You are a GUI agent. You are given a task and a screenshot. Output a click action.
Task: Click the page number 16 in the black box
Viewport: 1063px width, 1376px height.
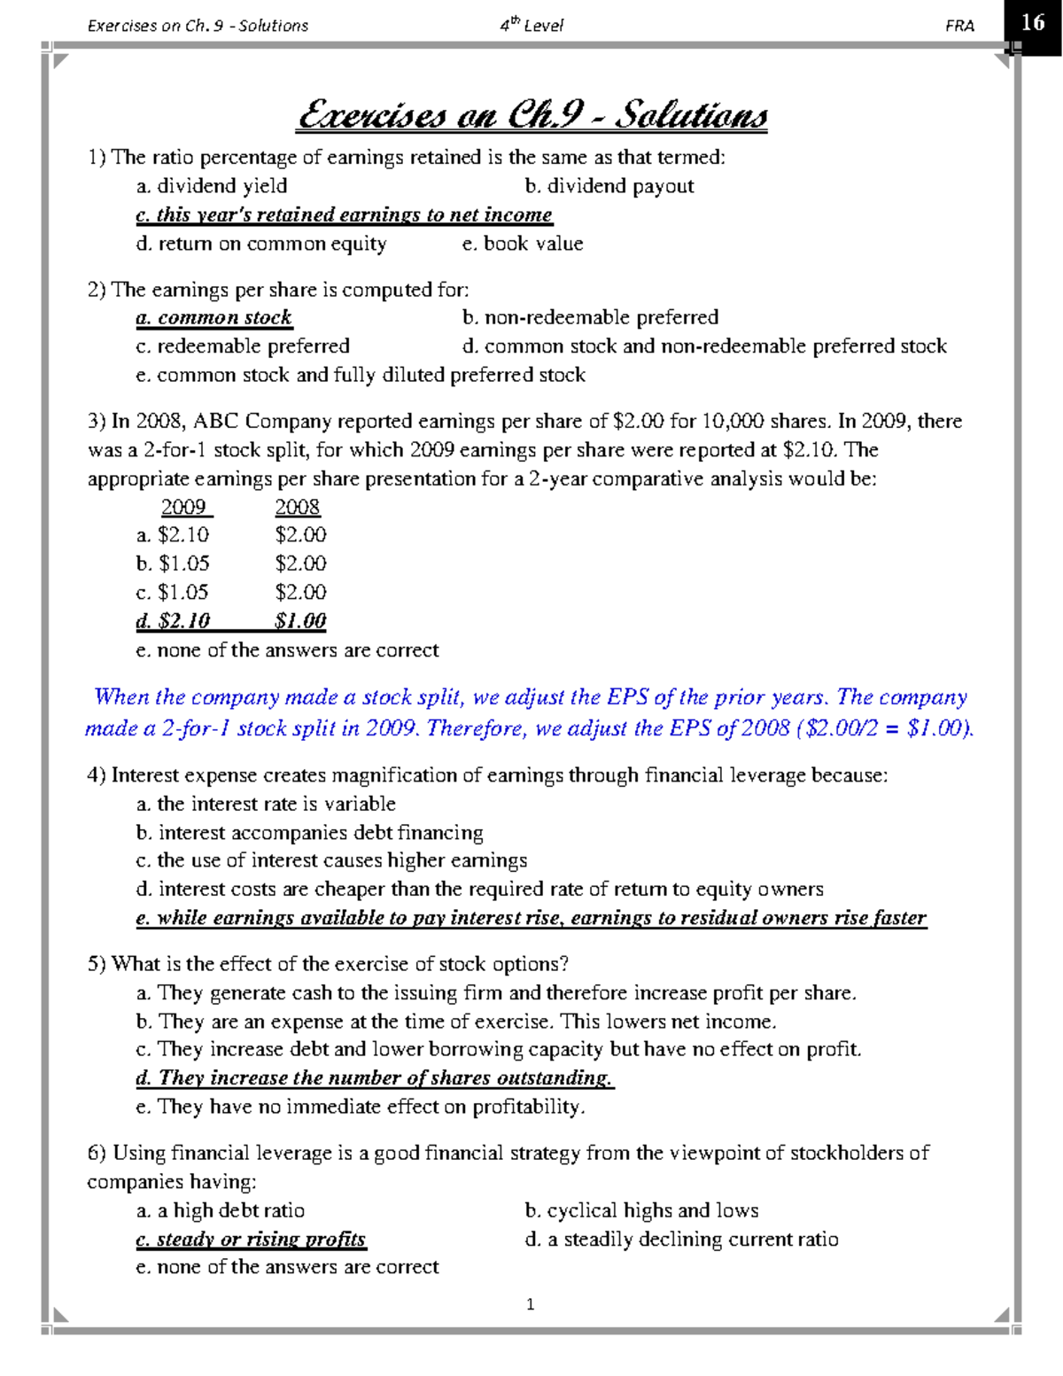click(x=1033, y=22)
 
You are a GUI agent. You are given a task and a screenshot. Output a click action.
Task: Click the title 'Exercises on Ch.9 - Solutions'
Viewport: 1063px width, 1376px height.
click(x=532, y=116)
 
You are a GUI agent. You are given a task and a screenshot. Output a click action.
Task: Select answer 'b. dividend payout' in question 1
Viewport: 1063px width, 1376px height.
click(x=609, y=186)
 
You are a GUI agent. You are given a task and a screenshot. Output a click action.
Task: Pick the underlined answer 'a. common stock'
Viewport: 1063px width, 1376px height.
click(x=213, y=317)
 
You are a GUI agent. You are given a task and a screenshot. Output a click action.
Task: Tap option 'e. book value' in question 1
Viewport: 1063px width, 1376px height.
click(x=523, y=244)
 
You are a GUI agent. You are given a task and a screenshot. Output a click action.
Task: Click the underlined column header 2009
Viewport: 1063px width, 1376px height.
click(x=185, y=507)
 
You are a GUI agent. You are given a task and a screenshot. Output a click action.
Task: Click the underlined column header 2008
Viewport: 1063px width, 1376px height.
click(x=298, y=507)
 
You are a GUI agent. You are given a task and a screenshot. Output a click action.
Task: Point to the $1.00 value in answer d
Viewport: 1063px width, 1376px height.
click(x=300, y=621)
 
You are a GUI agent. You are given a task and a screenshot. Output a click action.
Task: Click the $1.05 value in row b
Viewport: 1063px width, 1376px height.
click(x=183, y=564)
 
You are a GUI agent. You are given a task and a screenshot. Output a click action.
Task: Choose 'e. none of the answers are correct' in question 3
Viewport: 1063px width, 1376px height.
click(x=287, y=650)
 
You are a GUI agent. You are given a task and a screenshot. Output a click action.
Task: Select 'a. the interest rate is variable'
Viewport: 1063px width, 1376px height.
click(x=266, y=804)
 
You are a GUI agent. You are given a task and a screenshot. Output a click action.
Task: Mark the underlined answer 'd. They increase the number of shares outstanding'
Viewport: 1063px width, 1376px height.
click(x=375, y=1078)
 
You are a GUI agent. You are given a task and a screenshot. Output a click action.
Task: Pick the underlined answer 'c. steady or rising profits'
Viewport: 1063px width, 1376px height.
click(x=251, y=1240)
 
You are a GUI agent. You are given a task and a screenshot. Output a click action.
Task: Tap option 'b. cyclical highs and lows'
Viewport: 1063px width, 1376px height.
click(x=641, y=1210)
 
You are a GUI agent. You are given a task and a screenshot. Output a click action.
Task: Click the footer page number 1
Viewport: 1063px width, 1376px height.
click(x=530, y=1304)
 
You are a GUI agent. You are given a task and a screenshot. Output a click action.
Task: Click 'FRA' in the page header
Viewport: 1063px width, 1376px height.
click(x=959, y=26)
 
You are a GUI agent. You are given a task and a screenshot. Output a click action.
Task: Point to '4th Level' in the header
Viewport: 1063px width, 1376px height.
click(x=531, y=26)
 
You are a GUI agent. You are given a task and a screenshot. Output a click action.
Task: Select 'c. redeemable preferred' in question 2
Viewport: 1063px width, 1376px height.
click(x=243, y=346)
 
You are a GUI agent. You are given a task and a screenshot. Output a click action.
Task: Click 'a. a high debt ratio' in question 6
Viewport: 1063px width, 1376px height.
click(x=220, y=1210)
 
